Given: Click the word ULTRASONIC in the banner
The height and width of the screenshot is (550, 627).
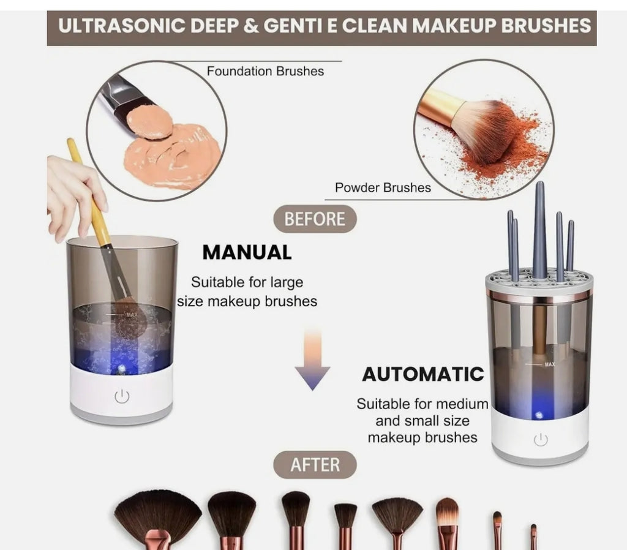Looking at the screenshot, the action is (122, 26).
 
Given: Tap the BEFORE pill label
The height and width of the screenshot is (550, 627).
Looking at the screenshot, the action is (315, 219).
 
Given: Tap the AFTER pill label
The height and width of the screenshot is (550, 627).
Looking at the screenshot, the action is (315, 465).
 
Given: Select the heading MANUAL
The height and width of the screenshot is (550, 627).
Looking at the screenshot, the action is (247, 252).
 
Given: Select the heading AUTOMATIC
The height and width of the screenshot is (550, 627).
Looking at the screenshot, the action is (422, 374).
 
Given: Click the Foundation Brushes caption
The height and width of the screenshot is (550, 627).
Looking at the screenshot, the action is (265, 71).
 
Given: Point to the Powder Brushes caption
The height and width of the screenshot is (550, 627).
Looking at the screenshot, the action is (383, 187).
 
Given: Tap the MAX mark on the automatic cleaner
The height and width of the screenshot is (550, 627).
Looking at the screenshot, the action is (549, 364).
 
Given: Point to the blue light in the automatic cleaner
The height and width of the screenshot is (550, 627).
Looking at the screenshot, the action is (538, 415).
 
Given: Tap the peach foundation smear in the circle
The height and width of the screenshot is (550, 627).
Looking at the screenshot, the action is (172, 153).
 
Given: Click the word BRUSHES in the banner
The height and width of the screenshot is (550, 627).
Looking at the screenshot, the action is (546, 26).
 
